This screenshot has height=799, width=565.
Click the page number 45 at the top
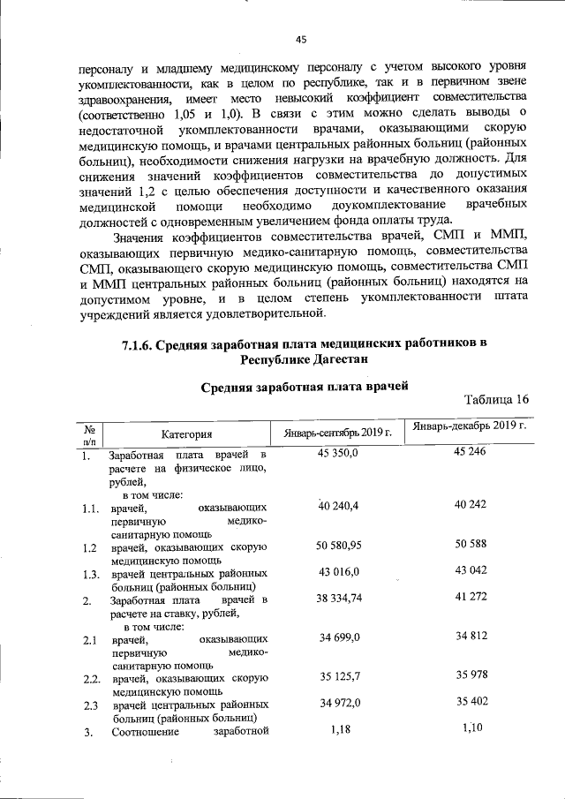point(300,39)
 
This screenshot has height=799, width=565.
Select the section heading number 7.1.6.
point(138,343)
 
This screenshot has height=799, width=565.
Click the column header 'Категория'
point(186,433)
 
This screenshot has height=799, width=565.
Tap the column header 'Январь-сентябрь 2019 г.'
point(337,433)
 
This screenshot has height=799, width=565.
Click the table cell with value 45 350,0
point(336,454)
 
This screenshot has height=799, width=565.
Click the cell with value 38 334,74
point(336,599)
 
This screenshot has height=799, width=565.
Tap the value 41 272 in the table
point(470,599)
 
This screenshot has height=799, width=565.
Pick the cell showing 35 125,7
point(336,676)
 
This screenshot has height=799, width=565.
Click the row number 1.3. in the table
point(87,575)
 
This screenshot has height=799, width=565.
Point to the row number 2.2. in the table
point(87,678)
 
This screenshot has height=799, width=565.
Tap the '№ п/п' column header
point(89,432)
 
